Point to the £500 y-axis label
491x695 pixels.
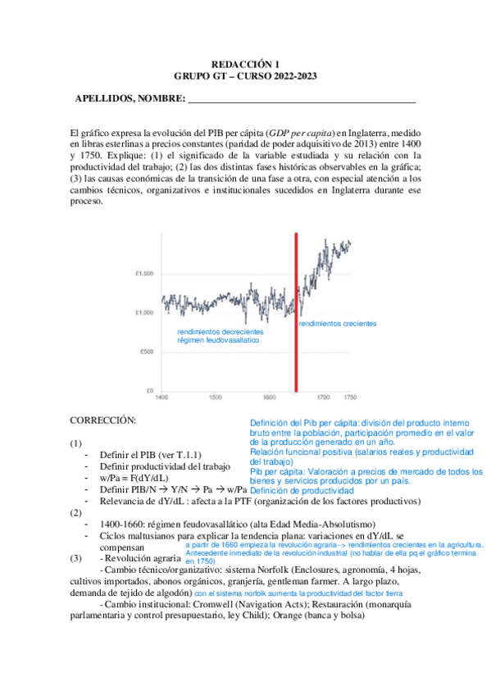tap(144, 352)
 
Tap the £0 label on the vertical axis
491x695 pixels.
tap(149, 389)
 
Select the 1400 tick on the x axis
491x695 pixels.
tap(162, 397)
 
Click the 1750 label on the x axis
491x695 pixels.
tap(350, 397)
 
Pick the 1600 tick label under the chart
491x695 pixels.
tap(271, 397)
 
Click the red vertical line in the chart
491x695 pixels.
tap(296, 311)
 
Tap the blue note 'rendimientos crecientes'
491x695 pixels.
tap(337, 325)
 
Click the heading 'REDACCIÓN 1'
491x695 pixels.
tap(246, 63)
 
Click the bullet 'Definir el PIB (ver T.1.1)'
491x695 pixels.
tap(150, 455)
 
